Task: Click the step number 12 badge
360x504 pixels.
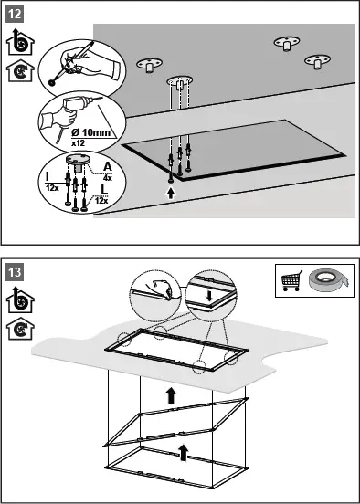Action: (x=15, y=15)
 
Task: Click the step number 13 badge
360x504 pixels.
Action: (x=15, y=273)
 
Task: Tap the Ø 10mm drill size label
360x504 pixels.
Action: (x=90, y=132)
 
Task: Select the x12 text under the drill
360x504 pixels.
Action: (x=78, y=143)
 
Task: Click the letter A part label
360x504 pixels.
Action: (x=108, y=166)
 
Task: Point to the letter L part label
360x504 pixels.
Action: (x=104, y=190)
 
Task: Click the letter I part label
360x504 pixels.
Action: (x=48, y=176)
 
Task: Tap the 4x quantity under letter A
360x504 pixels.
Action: (x=108, y=177)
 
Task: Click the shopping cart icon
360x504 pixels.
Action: (x=291, y=280)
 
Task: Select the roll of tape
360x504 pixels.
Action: (x=328, y=280)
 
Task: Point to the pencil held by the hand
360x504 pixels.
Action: (x=71, y=62)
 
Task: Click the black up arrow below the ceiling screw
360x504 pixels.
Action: (x=171, y=194)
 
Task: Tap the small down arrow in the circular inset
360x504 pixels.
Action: (x=209, y=296)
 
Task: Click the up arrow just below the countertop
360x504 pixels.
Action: (x=171, y=395)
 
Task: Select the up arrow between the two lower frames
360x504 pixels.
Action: (x=184, y=453)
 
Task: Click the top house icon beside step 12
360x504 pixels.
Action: (x=20, y=42)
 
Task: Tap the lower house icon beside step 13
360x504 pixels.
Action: (x=20, y=329)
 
